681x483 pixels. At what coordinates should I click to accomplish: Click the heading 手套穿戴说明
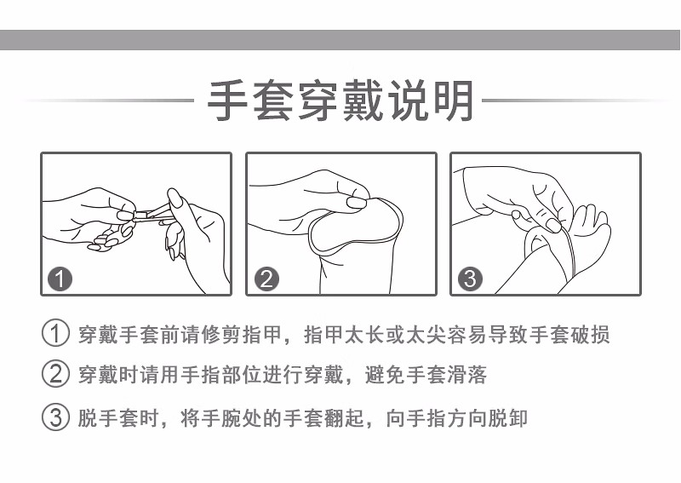pos(340,101)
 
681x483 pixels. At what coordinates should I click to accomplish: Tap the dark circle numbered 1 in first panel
pos(62,279)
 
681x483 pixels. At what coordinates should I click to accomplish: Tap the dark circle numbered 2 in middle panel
pos(266,279)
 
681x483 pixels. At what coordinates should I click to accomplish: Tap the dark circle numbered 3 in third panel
pos(471,279)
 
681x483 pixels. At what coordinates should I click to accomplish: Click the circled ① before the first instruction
pos(55,333)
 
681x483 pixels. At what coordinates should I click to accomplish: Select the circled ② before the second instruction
pos(55,375)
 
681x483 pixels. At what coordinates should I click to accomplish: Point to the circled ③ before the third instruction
pos(55,417)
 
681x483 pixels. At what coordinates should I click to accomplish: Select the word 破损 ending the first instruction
pos(588,334)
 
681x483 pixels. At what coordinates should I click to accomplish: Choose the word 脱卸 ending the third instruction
pos(508,418)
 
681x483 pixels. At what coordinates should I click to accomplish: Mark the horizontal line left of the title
pos(111,101)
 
